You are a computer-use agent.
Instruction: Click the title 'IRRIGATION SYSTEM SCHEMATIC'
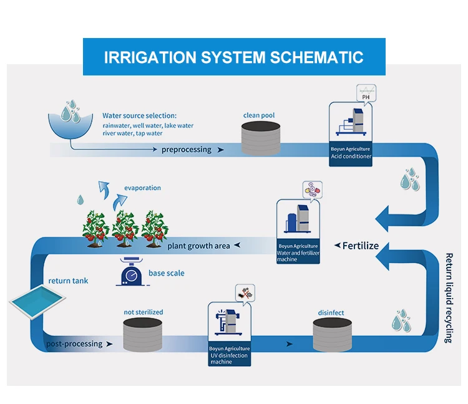[233, 57]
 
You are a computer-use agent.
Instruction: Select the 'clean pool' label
[258, 115]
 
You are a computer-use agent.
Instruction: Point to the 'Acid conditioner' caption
[351, 156]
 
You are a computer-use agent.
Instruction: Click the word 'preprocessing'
[187, 150]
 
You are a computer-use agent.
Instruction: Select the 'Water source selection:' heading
[140, 116]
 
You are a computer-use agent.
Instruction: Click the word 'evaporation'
[142, 188]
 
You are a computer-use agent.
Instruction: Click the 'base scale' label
[167, 273]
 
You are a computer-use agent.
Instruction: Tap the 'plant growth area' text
[198, 246]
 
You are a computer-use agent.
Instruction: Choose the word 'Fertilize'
[361, 246]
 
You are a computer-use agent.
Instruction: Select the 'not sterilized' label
[142, 312]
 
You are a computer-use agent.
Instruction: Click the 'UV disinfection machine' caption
[229, 359]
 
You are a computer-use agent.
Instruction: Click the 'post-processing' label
[74, 344]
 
